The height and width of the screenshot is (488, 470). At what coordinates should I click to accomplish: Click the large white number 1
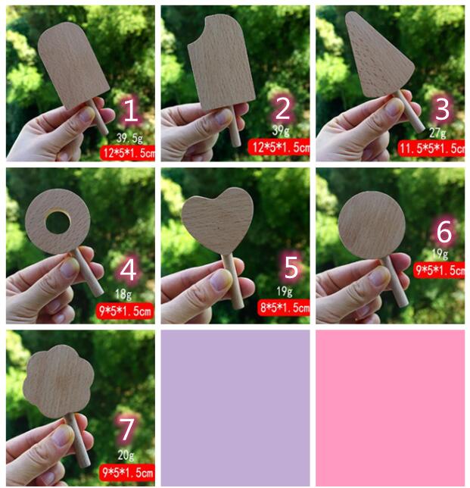coord(130,110)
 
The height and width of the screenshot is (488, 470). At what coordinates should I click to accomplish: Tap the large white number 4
coord(128,270)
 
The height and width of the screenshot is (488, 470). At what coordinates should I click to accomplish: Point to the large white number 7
coord(126,430)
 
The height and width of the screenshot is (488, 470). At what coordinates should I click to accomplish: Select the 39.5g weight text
coord(129,137)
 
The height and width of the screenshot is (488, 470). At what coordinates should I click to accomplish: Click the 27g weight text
coord(437,133)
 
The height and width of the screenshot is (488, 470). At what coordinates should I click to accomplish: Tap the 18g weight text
coord(123,294)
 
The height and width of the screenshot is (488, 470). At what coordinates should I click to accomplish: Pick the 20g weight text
coord(126,455)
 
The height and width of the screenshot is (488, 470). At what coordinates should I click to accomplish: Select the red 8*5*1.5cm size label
coord(284,308)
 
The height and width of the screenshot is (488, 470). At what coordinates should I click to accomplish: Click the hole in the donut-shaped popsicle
coord(58,222)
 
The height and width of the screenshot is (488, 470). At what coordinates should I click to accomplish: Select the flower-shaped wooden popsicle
coord(58,381)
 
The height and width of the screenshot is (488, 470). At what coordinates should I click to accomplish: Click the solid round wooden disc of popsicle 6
coord(372,225)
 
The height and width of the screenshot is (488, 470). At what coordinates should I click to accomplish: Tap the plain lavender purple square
coord(235,408)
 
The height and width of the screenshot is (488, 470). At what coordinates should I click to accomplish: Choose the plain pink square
coord(391,408)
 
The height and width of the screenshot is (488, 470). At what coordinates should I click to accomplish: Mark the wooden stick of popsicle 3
coord(410,111)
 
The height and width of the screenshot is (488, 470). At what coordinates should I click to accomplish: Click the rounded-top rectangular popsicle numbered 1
coord(73,65)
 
